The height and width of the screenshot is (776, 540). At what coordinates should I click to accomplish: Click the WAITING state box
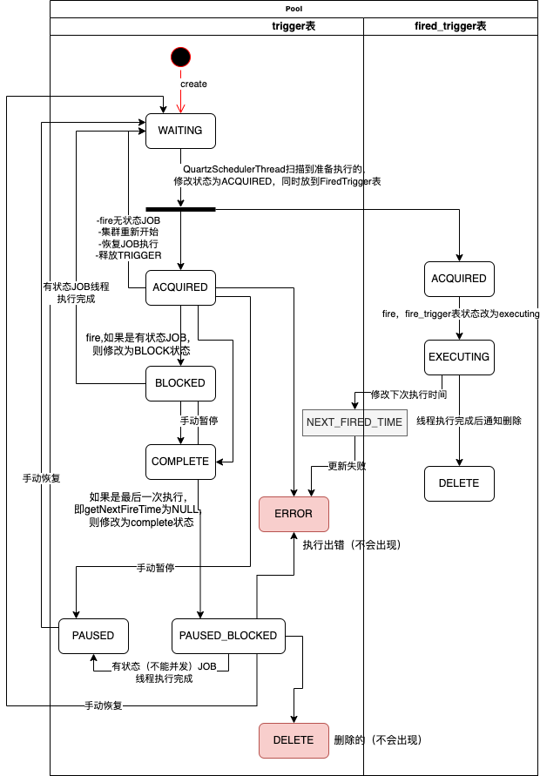coord(180,131)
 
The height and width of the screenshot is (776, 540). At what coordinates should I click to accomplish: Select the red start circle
coord(180,57)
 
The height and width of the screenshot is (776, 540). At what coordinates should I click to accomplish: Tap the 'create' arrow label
coord(193,84)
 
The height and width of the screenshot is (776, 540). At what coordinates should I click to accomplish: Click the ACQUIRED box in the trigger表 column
coord(180,287)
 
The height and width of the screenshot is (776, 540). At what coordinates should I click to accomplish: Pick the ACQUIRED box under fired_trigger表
coord(459,279)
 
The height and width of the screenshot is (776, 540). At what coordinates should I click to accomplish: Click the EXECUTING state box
coord(459,357)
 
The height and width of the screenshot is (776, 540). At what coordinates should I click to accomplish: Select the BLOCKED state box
coord(180,383)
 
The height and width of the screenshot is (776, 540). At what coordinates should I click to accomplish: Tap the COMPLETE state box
coord(180,462)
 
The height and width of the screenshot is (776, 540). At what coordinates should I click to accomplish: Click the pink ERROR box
coord(294,514)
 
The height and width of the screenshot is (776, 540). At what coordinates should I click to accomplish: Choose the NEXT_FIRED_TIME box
coord(354,422)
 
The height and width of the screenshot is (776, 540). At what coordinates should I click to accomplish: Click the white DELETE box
coord(459,483)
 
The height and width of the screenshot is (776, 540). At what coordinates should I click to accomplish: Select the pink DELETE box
coord(294,740)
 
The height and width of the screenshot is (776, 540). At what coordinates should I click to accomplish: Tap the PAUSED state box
coord(93,636)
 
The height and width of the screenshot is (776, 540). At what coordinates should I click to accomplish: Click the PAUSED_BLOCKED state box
coord(228,636)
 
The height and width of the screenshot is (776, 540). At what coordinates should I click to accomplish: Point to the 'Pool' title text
coord(294,8)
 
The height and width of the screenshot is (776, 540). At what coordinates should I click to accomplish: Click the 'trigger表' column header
coord(294,26)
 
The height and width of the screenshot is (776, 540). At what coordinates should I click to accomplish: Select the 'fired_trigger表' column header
coord(450,26)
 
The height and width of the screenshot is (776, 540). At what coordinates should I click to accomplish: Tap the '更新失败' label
coord(347,466)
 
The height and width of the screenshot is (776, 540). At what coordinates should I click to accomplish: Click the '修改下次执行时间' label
coord(409,395)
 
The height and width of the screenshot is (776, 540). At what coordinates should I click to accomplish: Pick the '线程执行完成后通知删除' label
coord(469,421)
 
